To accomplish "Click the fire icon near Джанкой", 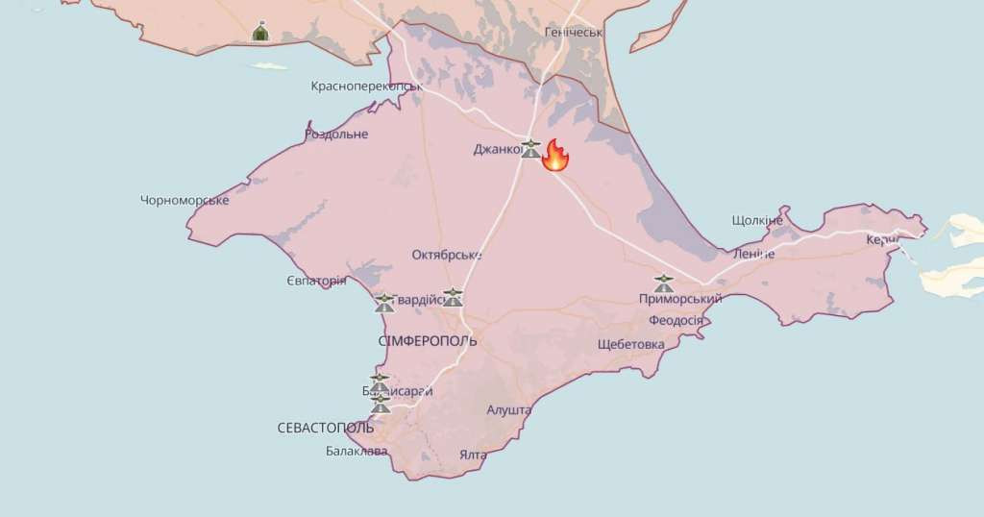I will pos(555,155).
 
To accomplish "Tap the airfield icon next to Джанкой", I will pos(530,148).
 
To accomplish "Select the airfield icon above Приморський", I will pos(663,283).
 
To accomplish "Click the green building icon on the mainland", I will pos(260,32).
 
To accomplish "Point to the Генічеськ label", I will pos(574,32).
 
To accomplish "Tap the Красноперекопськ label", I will pos(366,86).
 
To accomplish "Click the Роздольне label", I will pos(336,134).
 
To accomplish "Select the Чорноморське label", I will pos(184,200).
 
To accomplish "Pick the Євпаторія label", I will pos(316,281).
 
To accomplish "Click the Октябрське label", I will pos(446,255).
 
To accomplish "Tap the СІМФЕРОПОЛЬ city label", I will pos(428,341).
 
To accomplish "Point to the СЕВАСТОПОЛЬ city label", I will pos(325,427).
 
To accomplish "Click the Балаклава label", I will pos(356,451).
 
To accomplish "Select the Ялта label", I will pos(473,455).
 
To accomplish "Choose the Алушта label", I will pos(509,409).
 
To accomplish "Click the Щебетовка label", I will pos(630,344).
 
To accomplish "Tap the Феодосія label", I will pos(676,320).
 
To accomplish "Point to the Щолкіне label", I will pos(757,220).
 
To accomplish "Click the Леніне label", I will pos(753,253).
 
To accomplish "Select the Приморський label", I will pos(679,299).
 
